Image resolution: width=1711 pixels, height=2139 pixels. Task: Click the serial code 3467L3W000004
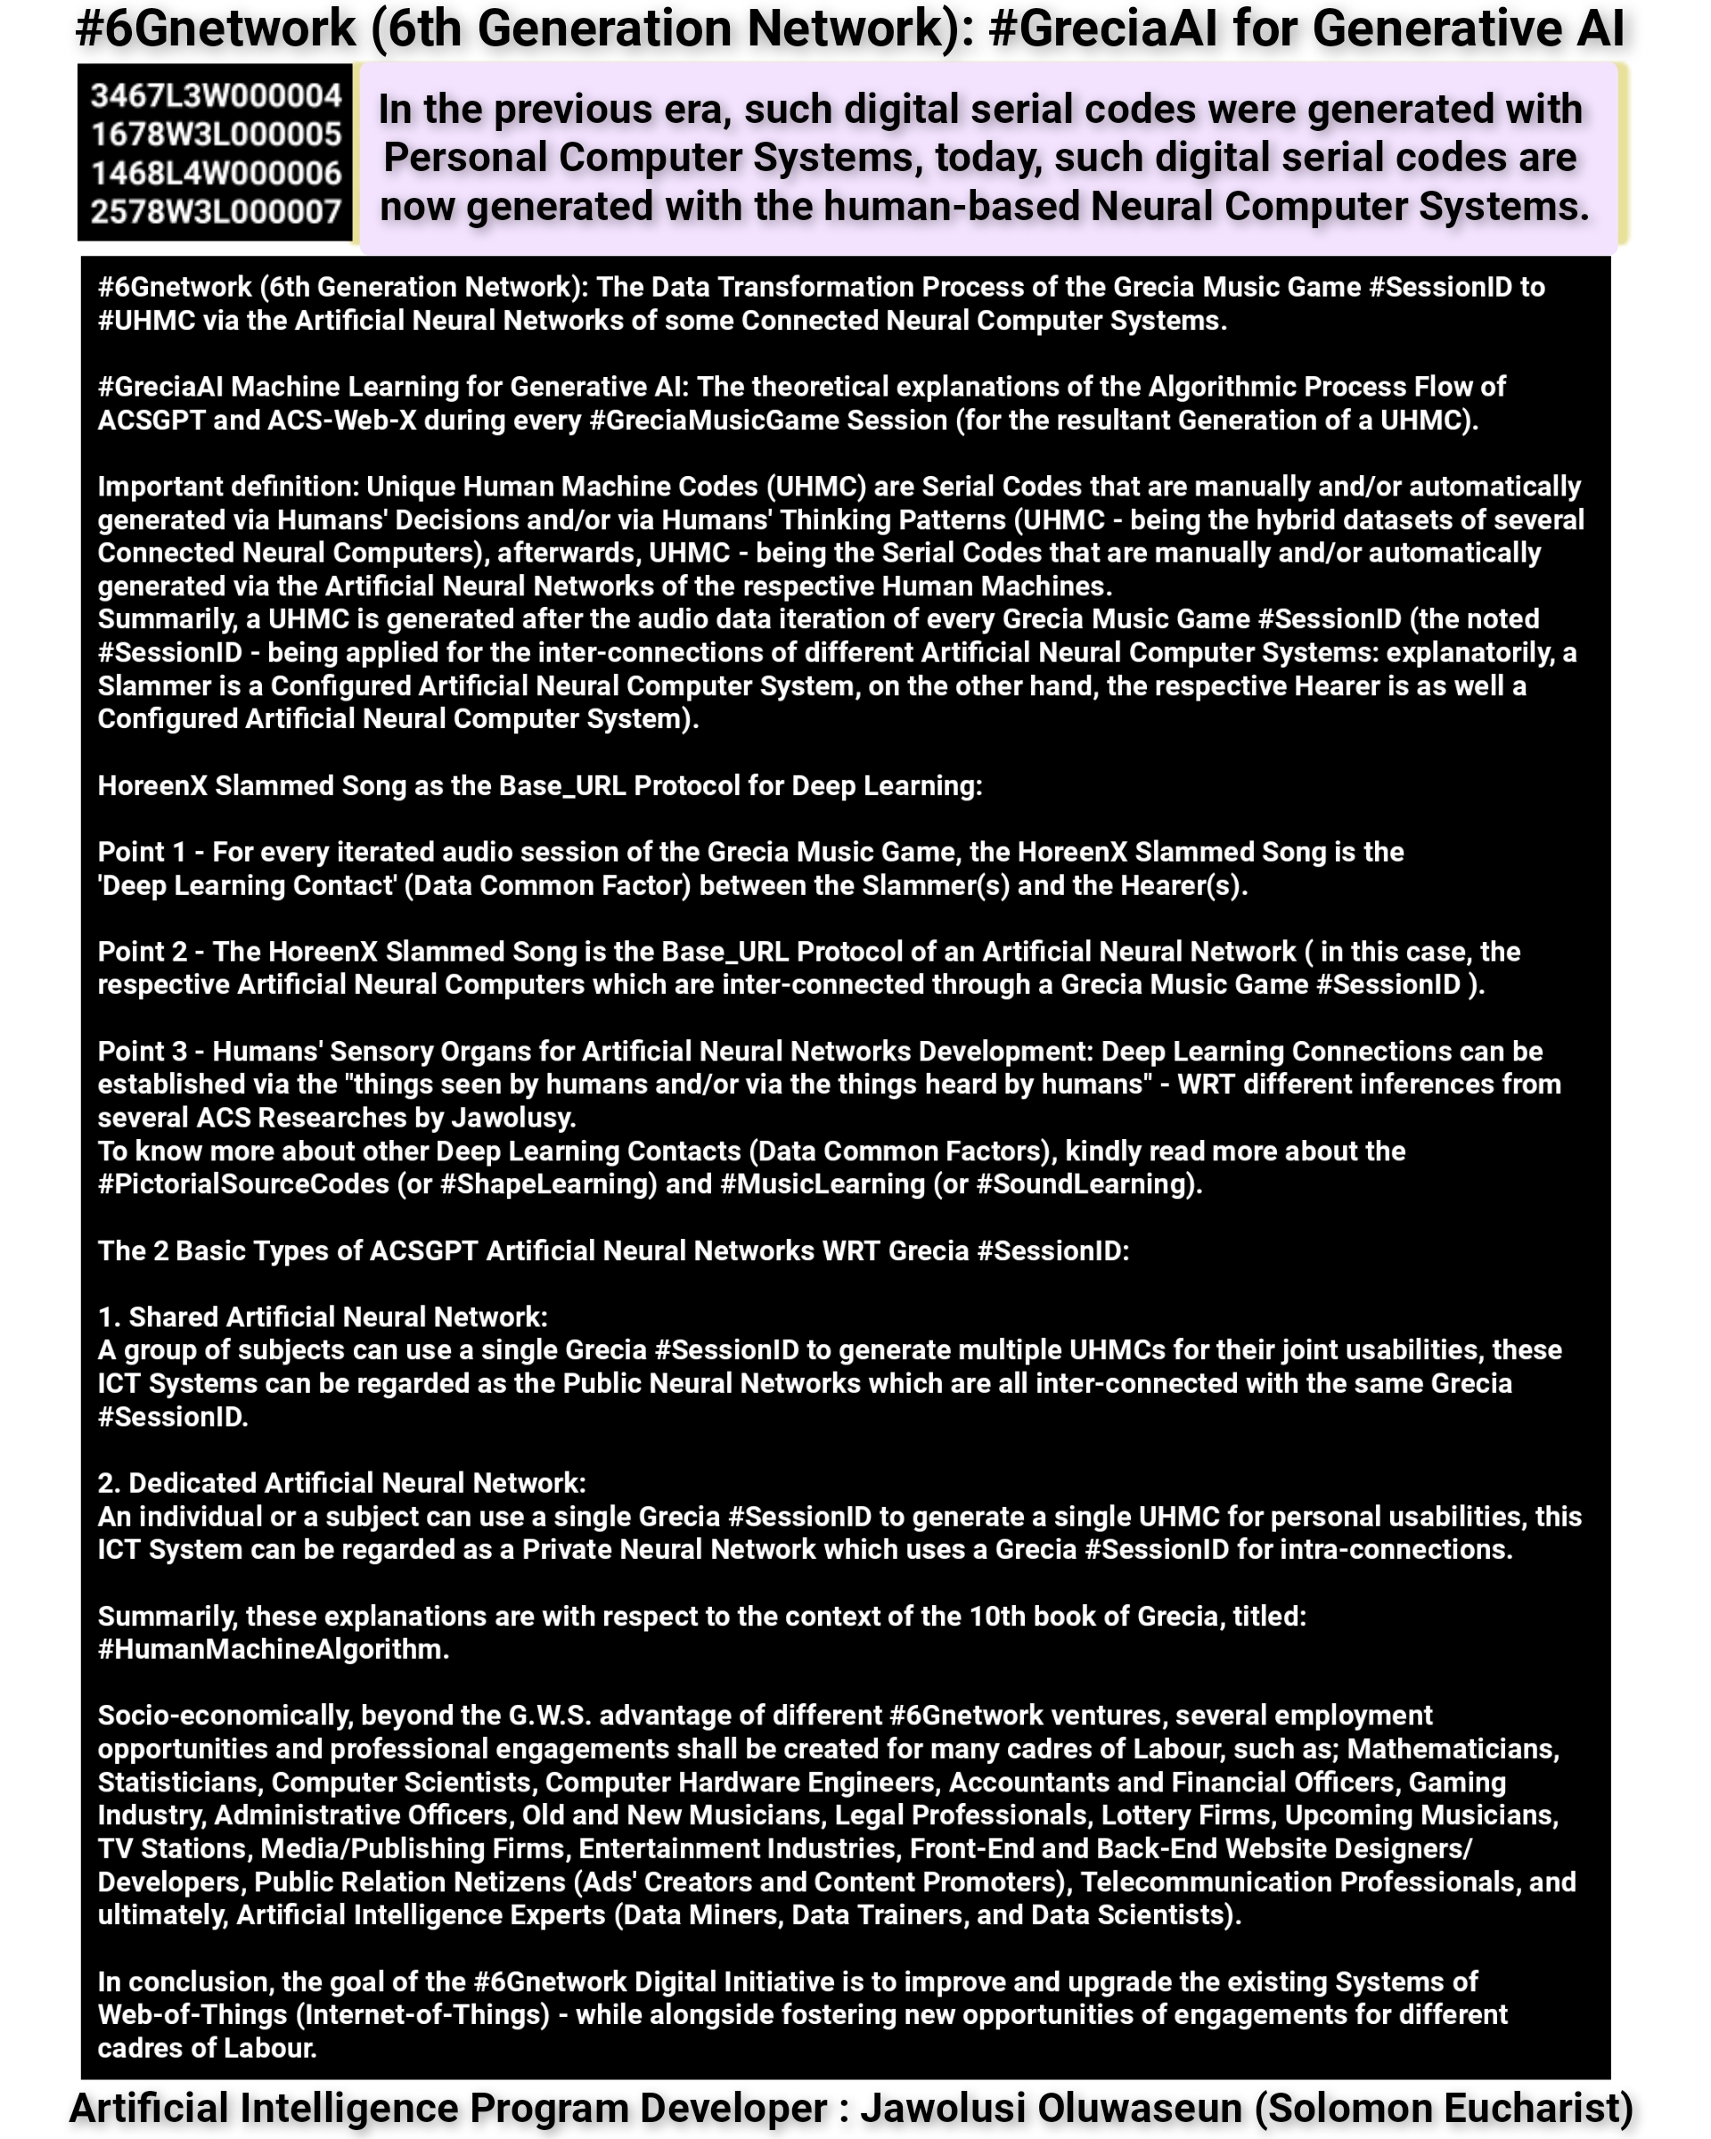(217, 95)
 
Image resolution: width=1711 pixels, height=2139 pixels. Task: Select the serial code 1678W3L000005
(217, 134)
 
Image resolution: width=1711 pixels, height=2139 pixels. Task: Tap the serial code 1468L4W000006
(217, 173)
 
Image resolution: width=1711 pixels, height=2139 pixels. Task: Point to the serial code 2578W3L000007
(217, 211)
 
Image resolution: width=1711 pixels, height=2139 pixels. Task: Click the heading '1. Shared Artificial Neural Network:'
(323, 1316)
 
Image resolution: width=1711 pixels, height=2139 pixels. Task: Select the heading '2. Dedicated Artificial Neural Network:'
(341, 1483)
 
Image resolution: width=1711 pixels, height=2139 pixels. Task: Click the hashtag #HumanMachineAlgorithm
(273, 1649)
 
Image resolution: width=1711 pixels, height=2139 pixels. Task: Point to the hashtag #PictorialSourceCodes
(243, 1184)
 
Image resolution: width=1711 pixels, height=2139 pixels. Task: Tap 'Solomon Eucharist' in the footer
(1443, 2107)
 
